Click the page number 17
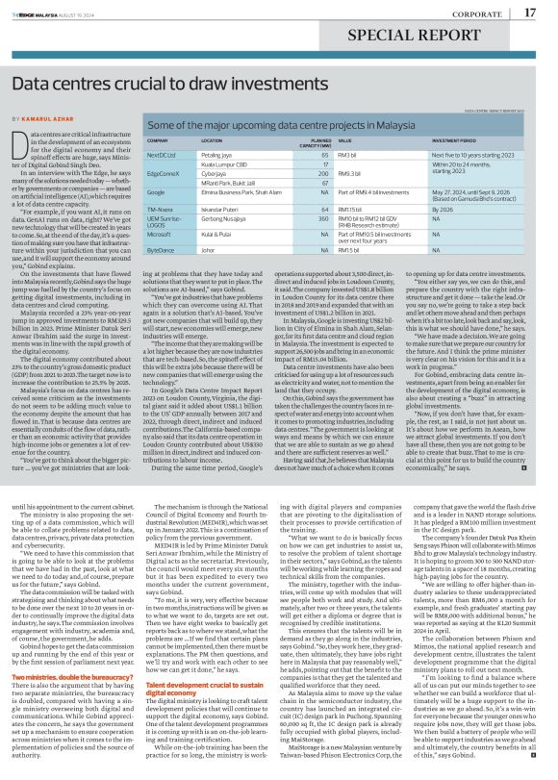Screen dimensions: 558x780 pos(530,12)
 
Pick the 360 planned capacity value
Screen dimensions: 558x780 pos(324,220)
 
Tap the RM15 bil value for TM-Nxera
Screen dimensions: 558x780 pos(350,208)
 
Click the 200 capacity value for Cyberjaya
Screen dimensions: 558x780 pos(324,171)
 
